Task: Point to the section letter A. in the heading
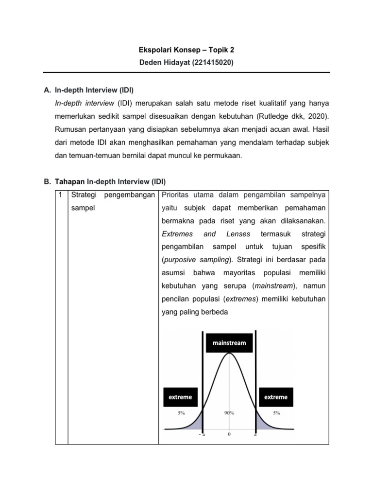click(x=47, y=90)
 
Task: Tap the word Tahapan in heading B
click(x=70, y=182)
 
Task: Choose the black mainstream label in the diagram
click(x=229, y=343)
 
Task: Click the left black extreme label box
click(x=180, y=397)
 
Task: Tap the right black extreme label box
click(x=275, y=397)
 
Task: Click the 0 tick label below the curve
click(x=229, y=435)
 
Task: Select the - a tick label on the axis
click(x=202, y=435)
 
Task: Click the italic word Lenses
click(x=238, y=234)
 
